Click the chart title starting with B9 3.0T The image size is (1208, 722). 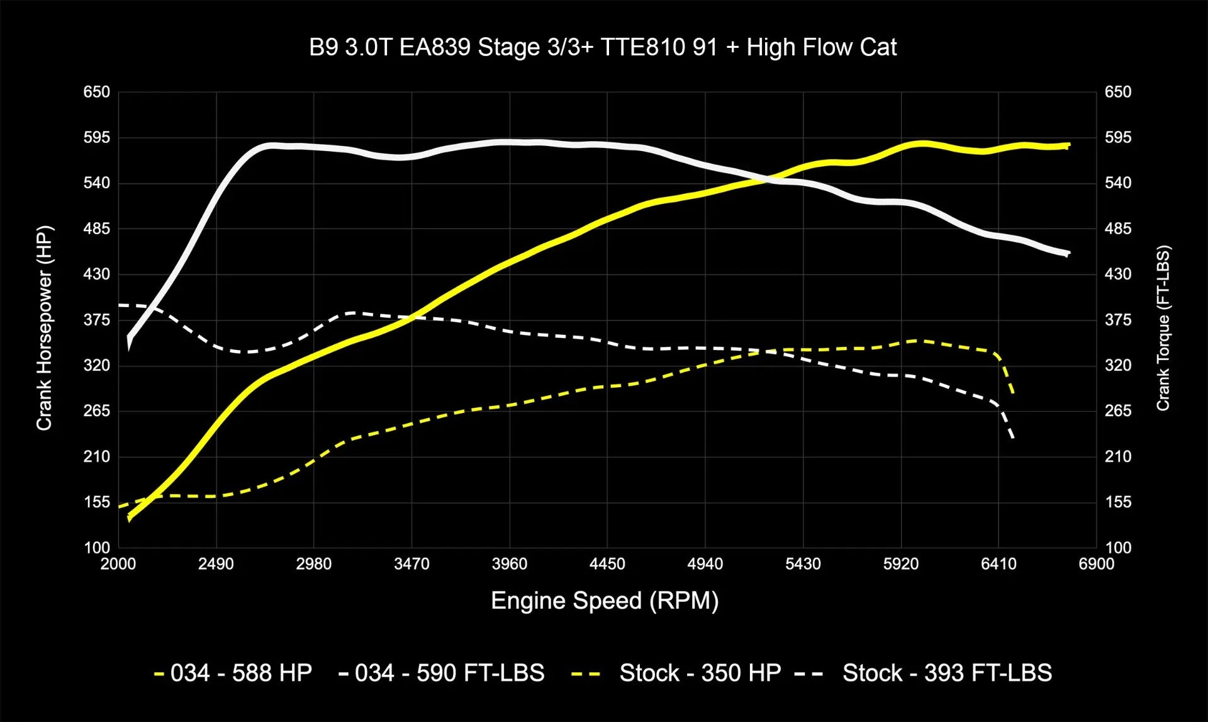pyautogui.click(x=603, y=48)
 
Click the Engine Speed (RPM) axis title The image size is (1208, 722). pyautogui.click(x=605, y=601)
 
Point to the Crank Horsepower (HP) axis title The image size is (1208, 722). pyautogui.click(x=44, y=328)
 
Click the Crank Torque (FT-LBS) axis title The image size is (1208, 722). pyautogui.click(x=1163, y=328)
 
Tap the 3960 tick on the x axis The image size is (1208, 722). pyautogui.click(x=510, y=564)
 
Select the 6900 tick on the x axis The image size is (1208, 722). pyautogui.click(x=1096, y=564)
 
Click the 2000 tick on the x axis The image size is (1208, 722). pyautogui.click(x=118, y=564)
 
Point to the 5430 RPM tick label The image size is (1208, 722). pyautogui.click(x=803, y=564)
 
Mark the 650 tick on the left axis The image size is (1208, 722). pyautogui.click(x=97, y=92)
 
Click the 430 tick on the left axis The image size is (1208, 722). pyautogui.click(x=97, y=274)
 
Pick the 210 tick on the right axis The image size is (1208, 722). pyautogui.click(x=1118, y=457)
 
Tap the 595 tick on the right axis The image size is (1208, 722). pyautogui.click(x=1118, y=137)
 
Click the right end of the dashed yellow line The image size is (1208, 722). pyautogui.click(x=1012, y=394)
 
